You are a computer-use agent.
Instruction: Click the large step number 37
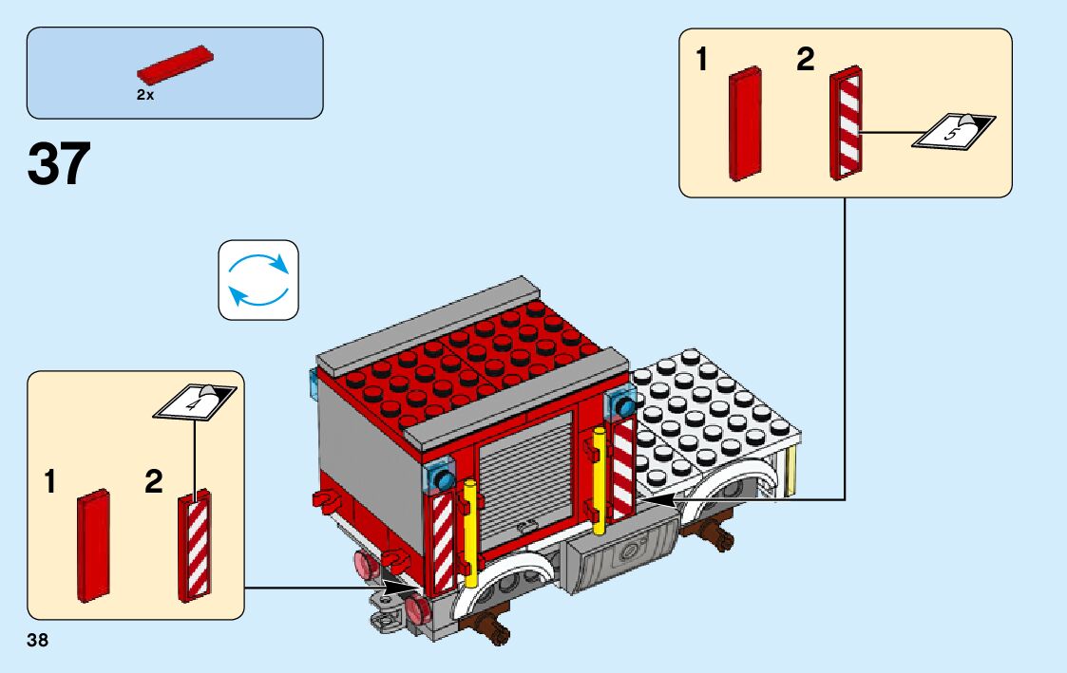point(59,163)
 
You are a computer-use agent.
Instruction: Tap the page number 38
point(38,641)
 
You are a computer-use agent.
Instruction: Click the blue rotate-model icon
point(258,279)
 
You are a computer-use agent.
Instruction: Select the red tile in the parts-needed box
point(175,64)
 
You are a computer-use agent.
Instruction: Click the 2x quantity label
point(144,96)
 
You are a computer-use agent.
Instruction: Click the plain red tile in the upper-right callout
point(745,123)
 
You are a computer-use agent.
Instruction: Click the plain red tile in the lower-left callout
point(93,545)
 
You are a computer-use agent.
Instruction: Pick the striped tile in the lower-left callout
point(195,547)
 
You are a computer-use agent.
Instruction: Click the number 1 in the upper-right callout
point(702,62)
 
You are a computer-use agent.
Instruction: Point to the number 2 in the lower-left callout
point(153,482)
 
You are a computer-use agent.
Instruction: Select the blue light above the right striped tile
point(624,405)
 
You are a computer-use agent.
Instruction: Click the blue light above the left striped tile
point(441,479)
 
